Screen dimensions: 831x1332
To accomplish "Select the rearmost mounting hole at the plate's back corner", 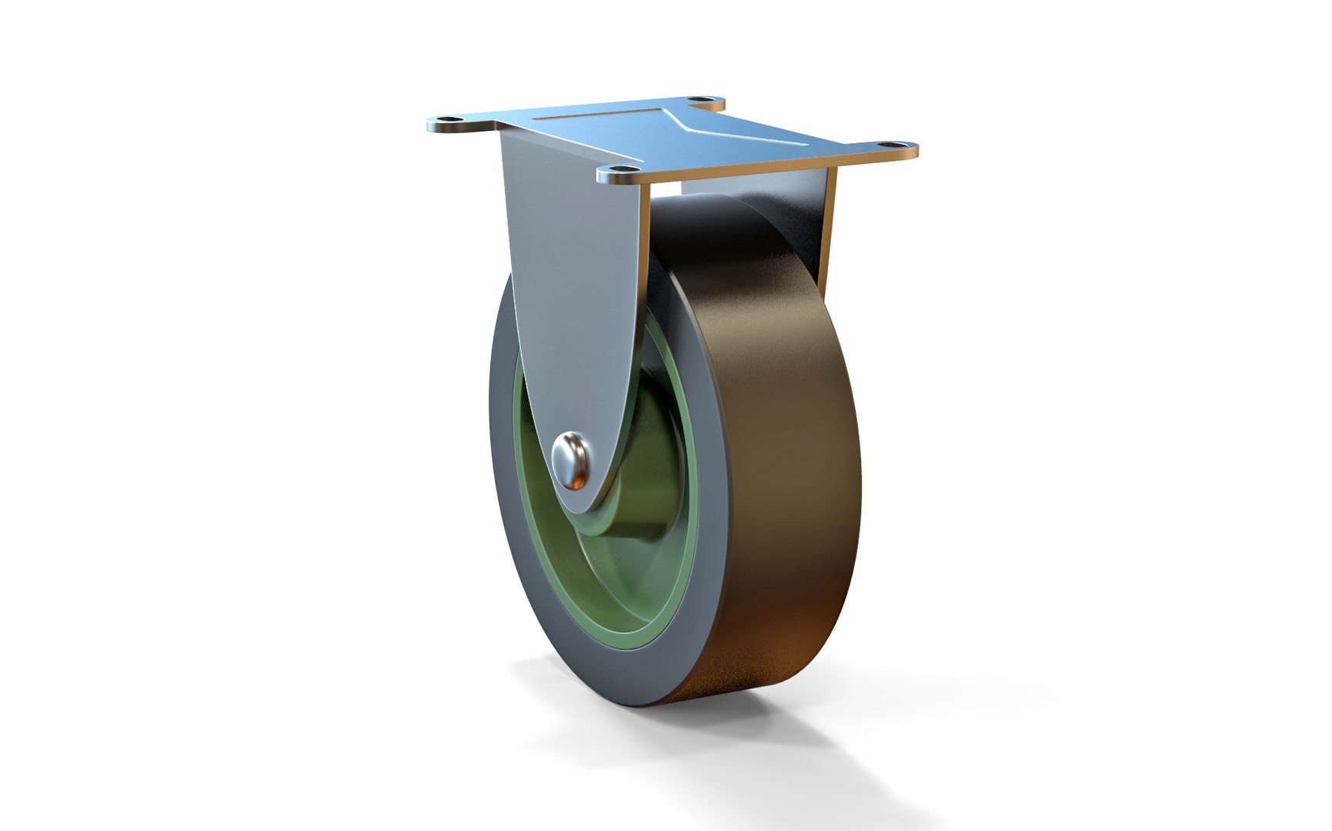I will [x=696, y=100].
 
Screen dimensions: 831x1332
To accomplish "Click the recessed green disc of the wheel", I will [x=608, y=569].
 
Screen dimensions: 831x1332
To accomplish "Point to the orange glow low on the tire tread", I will [x=777, y=646].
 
